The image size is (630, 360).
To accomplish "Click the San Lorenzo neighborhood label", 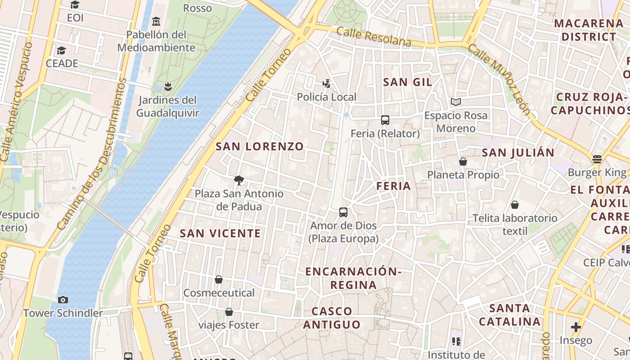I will coord(260,147).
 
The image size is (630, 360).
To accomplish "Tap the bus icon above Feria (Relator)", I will coord(385,120).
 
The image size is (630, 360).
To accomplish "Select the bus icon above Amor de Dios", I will coord(343,212).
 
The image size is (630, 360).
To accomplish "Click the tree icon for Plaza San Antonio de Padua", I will coord(239,180).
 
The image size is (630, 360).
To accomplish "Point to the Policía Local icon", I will coord(327,83).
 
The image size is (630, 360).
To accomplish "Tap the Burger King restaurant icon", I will coord(597,159).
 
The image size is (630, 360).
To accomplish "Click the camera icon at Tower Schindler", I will coord(63,300).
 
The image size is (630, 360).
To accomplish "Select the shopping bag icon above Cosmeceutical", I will coord(219,279).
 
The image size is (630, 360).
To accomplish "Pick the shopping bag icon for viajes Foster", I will coord(229,312).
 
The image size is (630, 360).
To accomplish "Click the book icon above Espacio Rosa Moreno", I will coord(456,102).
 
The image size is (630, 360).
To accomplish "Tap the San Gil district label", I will coord(407,82).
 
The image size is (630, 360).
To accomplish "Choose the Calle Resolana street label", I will coord(373,37).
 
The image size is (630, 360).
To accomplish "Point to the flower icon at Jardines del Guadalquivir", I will coord(168,86).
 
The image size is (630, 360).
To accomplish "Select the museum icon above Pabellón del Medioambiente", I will coord(156,21).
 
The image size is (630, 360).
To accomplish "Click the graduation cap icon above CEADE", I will coord(62,50).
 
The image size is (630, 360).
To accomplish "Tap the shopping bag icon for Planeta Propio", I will coord(463,162).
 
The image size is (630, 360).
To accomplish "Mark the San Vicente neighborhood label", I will coord(220,233).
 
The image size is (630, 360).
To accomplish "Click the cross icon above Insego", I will coord(576,327).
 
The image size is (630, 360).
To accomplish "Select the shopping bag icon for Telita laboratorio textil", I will coord(515,205).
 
